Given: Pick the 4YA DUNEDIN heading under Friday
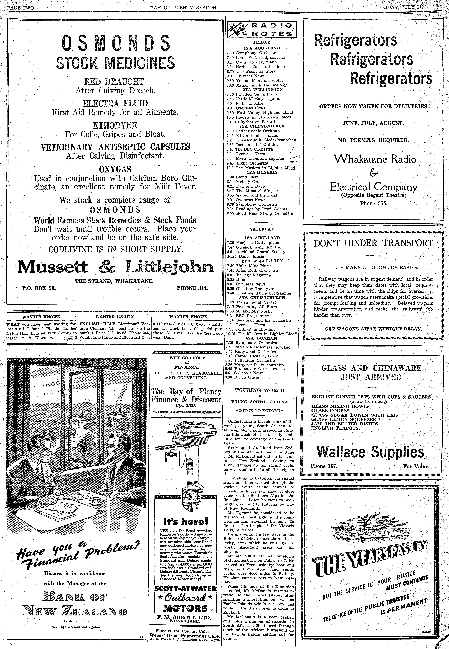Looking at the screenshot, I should (x=262, y=172).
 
